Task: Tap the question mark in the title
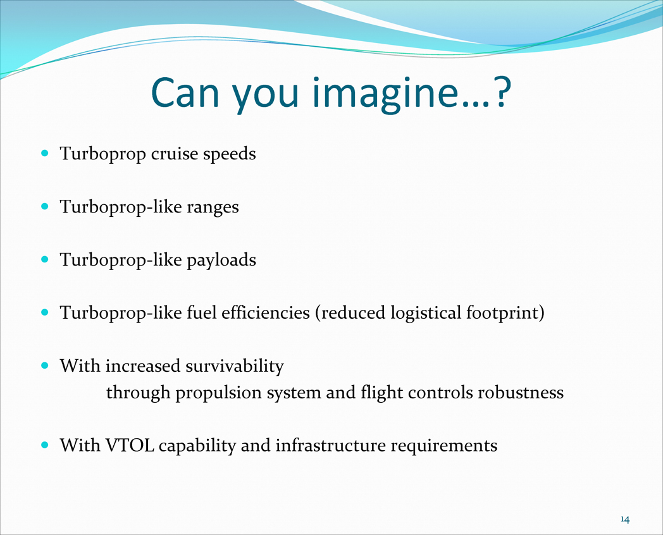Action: pos(502,92)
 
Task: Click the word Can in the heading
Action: pos(185,92)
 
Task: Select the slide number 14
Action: pos(625,519)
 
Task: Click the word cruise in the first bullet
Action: pos(174,154)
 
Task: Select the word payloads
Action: pos(221,261)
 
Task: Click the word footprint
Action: pos(502,314)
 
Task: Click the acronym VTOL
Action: pos(130,446)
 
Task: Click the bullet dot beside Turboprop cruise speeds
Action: pos(46,153)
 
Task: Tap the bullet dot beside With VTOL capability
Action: pos(46,445)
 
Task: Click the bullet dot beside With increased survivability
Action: pos(46,366)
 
